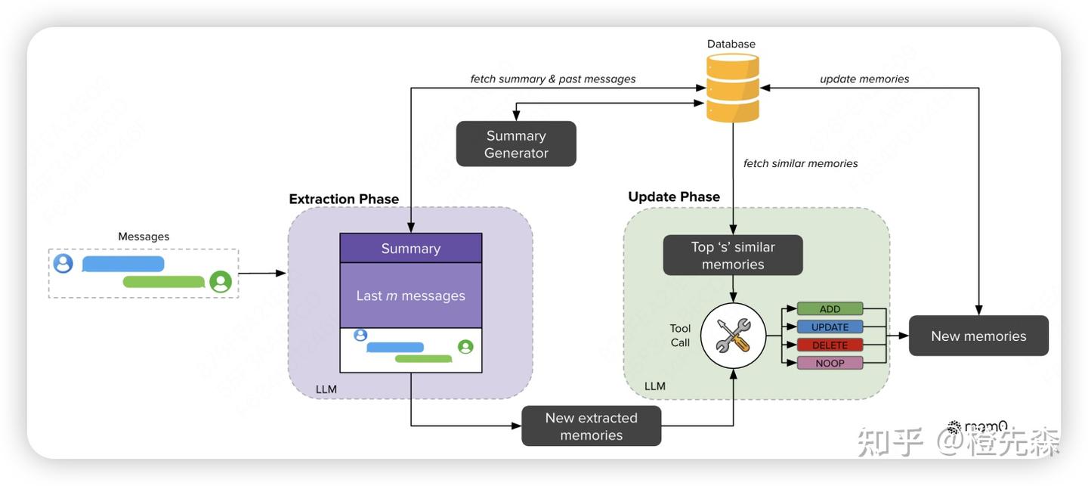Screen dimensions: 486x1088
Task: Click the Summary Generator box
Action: [516, 144]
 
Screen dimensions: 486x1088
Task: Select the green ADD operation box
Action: [830, 308]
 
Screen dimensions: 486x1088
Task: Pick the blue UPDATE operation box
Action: [830, 327]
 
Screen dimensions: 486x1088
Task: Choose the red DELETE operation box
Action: [830, 345]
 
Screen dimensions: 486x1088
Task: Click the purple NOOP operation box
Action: [830, 363]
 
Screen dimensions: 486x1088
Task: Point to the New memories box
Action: [978, 336]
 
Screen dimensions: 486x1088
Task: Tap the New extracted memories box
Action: [591, 426]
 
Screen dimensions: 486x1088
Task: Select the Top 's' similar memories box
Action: [733, 255]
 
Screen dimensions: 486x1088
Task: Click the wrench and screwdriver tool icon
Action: [733, 336]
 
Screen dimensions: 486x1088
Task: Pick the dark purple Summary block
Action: [410, 248]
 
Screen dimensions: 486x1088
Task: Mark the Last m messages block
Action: [410, 296]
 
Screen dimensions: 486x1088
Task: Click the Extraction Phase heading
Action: [344, 199]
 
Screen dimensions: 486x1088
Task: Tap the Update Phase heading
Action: [674, 197]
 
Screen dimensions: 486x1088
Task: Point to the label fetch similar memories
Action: [800, 163]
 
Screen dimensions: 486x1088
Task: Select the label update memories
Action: [864, 79]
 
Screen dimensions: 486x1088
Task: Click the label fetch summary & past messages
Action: [552, 79]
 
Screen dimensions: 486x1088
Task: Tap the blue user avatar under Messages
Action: [63, 264]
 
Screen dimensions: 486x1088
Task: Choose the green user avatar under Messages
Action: [221, 282]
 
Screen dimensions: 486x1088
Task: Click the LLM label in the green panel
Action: [654, 386]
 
